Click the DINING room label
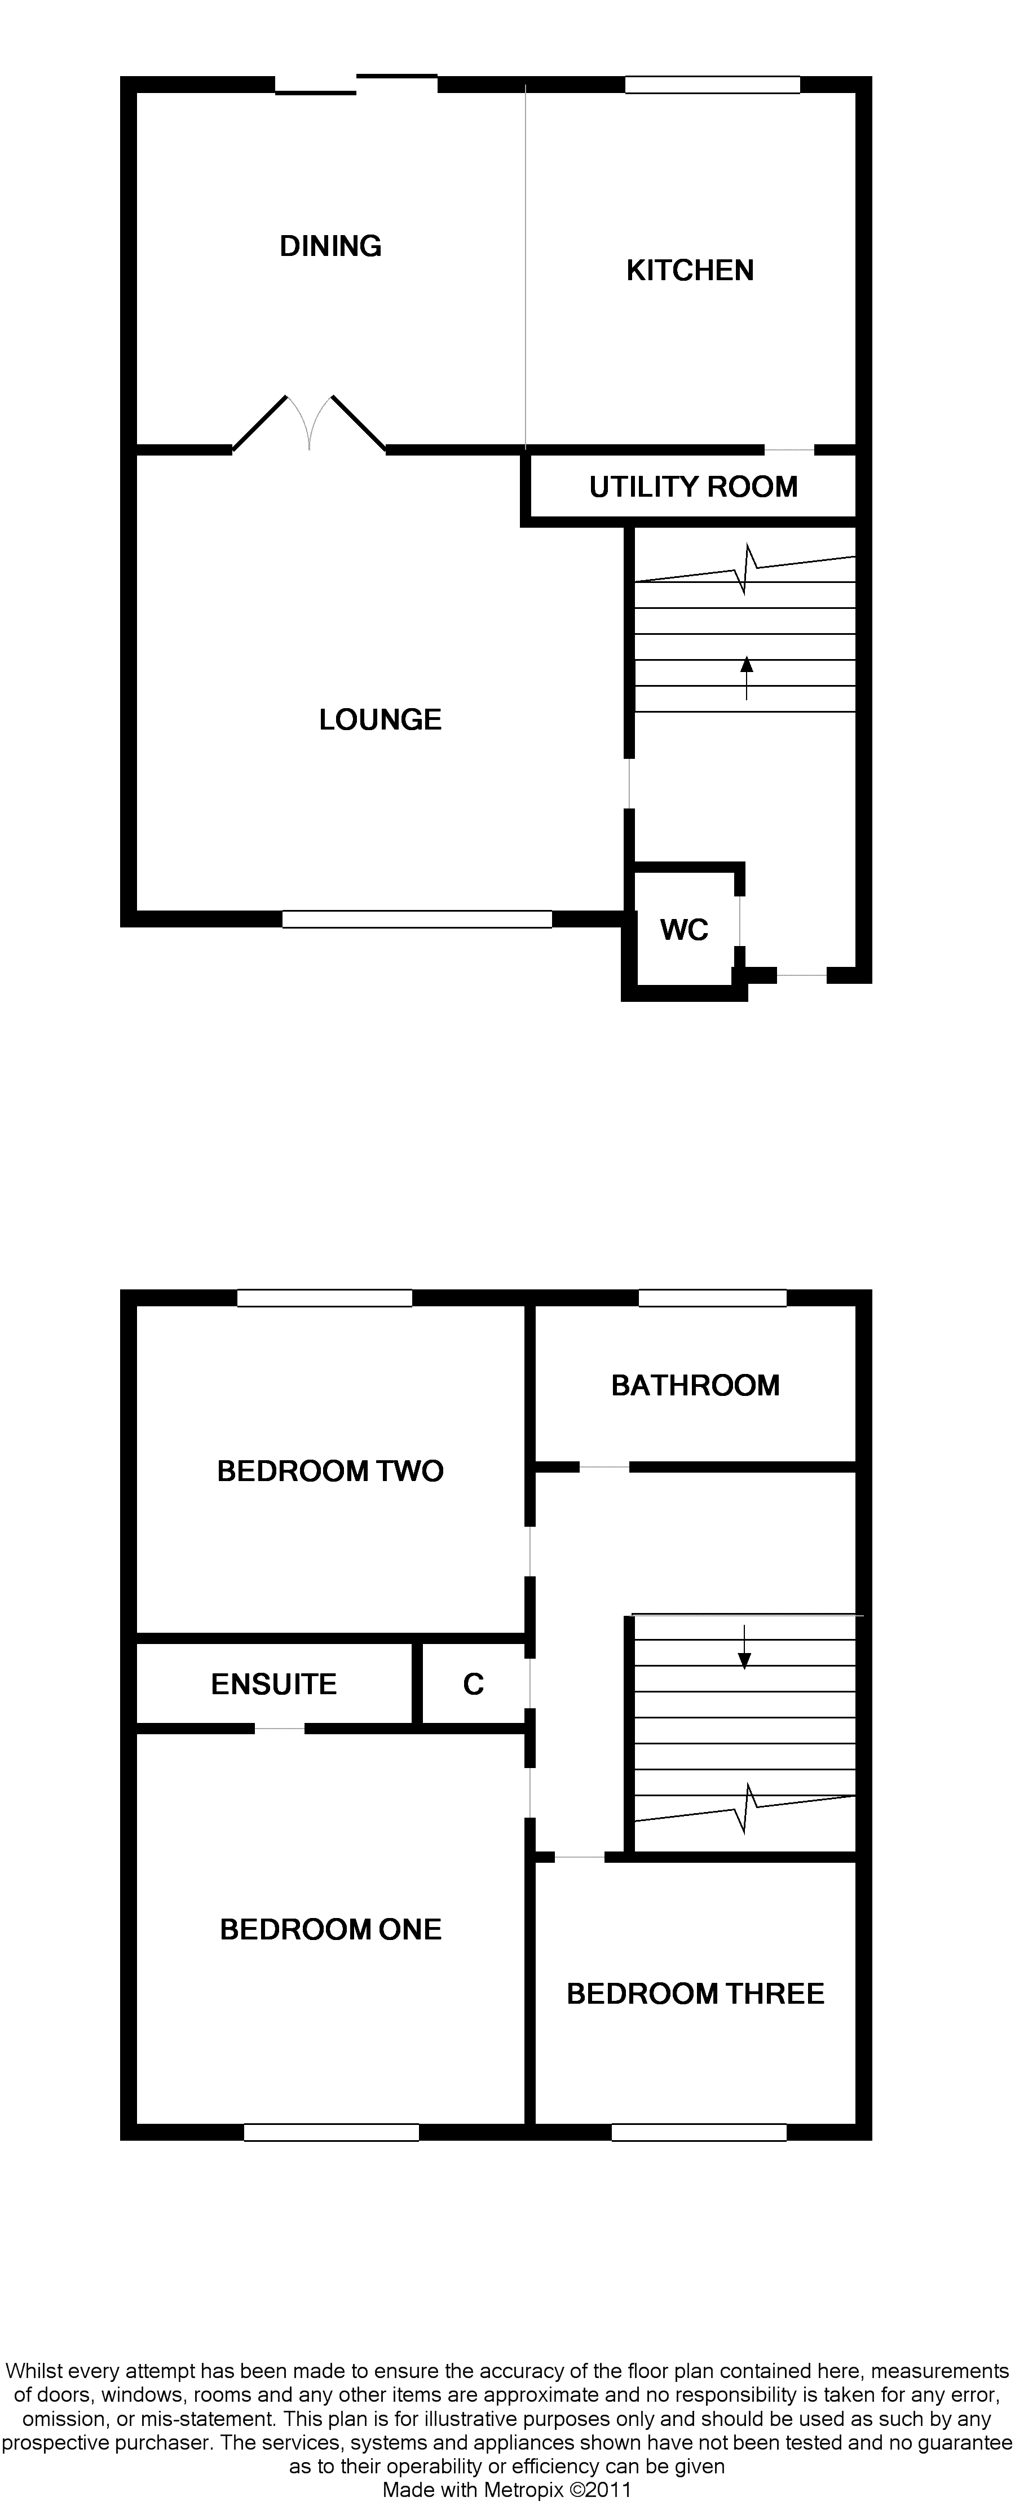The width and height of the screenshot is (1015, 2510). [330, 246]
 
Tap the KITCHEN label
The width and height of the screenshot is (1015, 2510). [690, 271]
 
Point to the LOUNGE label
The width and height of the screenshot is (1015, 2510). [380, 720]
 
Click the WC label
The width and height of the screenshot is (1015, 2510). [684, 930]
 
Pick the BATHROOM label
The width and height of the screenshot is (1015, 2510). [695, 1386]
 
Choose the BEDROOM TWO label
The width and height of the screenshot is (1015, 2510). [330, 1471]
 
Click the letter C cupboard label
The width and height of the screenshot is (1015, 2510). [474, 1685]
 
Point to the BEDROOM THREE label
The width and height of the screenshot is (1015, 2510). [695, 1994]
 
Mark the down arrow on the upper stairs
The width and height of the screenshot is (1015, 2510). [745, 1647]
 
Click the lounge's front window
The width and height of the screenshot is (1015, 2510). [417, 919]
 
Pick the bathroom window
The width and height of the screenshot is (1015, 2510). [712, 1298]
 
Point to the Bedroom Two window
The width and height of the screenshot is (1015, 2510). [324, 1298]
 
